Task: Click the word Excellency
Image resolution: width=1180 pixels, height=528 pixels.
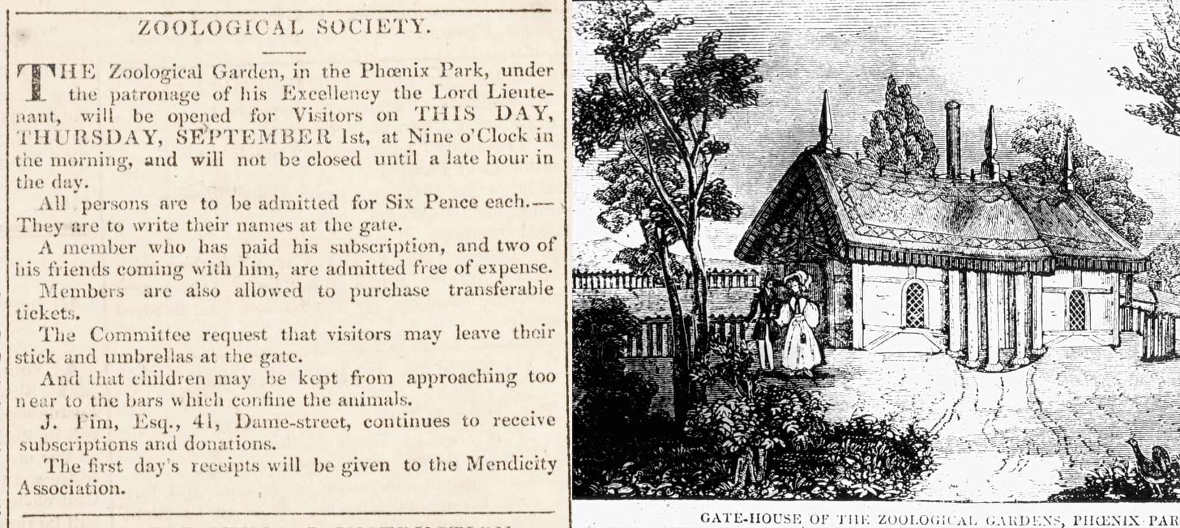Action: pyautogui.click(x=327, y=93)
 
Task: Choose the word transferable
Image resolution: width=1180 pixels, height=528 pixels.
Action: pyautogui.click(x=501, y=290)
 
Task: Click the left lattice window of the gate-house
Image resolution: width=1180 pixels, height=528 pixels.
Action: pyautogui.click(x=916, y=306)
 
